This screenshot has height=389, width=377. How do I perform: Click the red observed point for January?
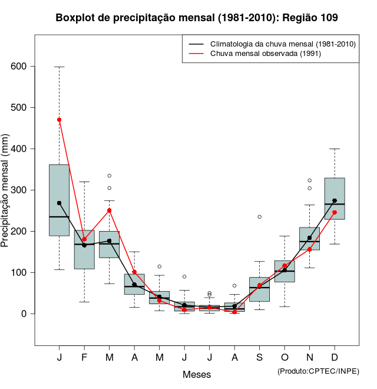(x=59, y=120)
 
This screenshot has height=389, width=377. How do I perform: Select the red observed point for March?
(x=109, y=210)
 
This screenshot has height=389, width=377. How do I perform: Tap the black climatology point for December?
(x=335, y=200)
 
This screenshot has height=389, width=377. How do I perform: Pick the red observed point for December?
(x=335, y=212)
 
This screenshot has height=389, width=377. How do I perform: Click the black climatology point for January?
(x=59, y=203)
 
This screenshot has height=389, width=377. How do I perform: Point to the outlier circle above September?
(x=259, y=217)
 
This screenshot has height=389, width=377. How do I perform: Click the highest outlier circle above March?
(x=109, y=176)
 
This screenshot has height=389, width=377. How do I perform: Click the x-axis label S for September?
(x=259, y=358)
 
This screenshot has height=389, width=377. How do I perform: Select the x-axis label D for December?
(x=335, y=358)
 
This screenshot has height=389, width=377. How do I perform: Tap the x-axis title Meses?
(x=197, y=374)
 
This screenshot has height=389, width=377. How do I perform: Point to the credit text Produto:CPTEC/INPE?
(x=318, y=371)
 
